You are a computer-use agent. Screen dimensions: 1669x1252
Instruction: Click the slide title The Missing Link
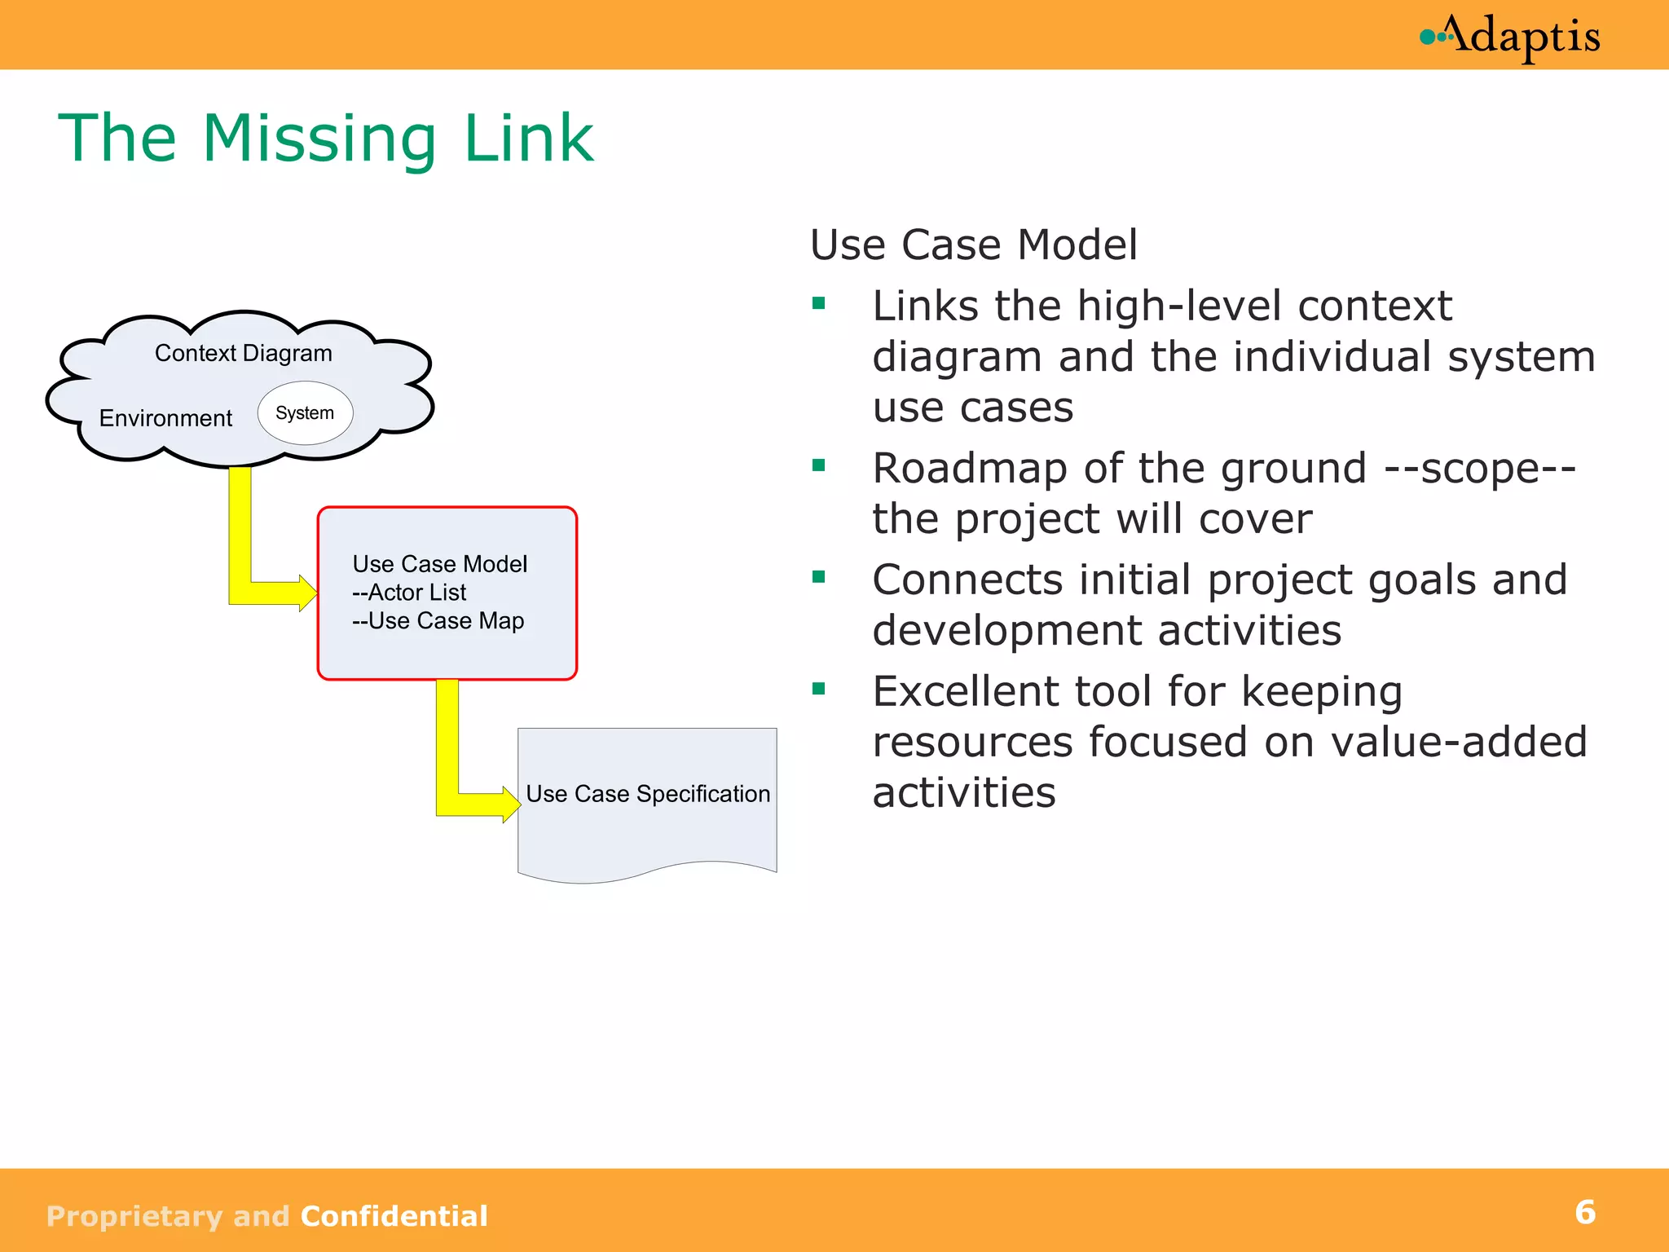click(326, 139)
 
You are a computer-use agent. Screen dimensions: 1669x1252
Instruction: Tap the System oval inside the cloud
click(305, 413)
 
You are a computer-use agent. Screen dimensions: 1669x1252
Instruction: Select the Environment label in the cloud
click(165, 418)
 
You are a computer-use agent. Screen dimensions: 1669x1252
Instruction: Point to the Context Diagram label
click(244, 353)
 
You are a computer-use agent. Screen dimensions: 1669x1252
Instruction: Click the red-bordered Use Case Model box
click(447, 652)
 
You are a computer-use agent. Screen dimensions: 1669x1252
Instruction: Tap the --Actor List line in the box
click(409, 593)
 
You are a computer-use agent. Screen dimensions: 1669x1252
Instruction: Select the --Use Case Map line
click(438, 621)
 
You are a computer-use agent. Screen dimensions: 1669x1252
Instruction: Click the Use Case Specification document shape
click(648, 831)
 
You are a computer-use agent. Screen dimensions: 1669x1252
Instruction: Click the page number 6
click(1585, 1213)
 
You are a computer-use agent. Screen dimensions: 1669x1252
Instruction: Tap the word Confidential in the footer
click(394, 1216)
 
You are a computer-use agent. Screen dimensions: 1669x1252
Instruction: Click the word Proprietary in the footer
click(134, 1216)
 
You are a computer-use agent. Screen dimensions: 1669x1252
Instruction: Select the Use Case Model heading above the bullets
click(974, 245)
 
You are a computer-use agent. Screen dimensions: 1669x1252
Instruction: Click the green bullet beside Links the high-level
click(819, 305)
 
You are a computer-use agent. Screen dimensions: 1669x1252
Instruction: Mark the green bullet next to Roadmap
click(819, 466)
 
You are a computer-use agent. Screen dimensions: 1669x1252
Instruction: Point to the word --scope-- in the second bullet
click(1480, 469)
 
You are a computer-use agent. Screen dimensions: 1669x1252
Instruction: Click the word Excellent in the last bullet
click(967, 692)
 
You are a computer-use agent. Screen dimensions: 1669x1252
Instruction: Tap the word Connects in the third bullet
click(967, 580)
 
